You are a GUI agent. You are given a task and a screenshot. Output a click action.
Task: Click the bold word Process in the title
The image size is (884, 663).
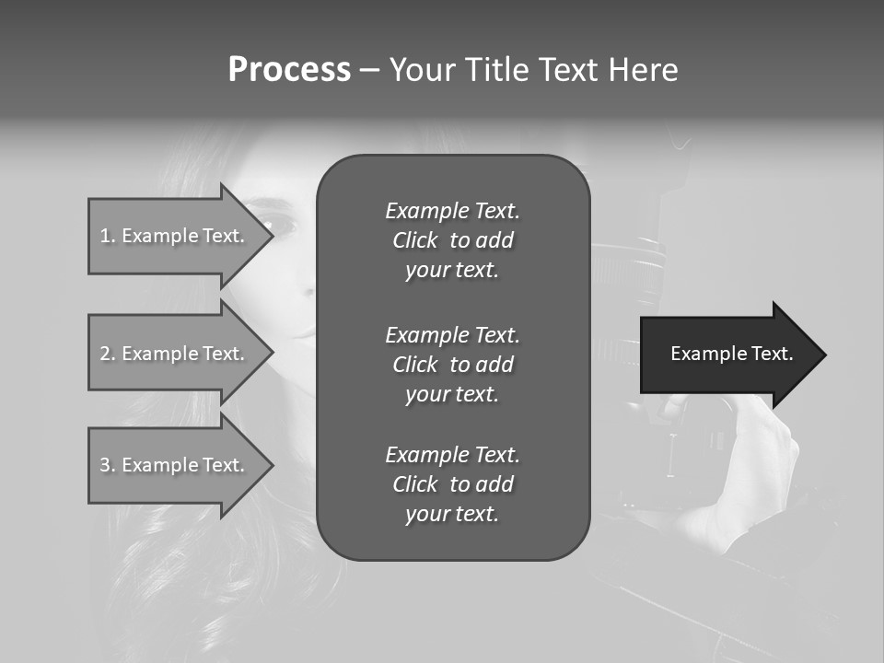(x=289, y=70)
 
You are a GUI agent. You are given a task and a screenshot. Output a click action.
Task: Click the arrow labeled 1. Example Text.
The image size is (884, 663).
(x=172, y=236)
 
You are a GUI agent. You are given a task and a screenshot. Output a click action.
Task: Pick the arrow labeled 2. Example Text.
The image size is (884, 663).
(x=172, y=354)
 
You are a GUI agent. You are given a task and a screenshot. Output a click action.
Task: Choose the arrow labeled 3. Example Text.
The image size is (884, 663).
(x=172, y=465)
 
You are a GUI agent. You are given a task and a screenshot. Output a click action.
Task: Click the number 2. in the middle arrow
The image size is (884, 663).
(x=108, y=354)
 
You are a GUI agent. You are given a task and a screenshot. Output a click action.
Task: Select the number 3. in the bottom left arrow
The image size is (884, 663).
(x=108, y=465)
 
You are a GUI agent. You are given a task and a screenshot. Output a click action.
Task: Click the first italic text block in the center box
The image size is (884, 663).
(x=452, y=240)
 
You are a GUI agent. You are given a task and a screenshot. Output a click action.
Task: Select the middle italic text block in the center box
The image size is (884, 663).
(x=452, y=365)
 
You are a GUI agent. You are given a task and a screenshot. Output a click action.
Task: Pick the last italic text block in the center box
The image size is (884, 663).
(x=452, y=484)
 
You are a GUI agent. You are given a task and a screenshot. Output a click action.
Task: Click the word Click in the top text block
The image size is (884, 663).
(x=415, y=240)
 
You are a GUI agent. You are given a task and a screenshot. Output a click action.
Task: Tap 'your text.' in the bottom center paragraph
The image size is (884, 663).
(x=452, y=514)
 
